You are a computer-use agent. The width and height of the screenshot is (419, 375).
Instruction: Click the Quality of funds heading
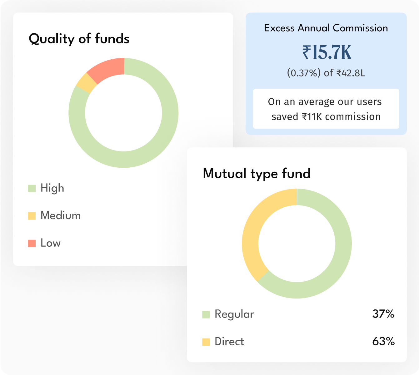click(79, 39)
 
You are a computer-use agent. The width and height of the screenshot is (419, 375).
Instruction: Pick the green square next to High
click(32, 188)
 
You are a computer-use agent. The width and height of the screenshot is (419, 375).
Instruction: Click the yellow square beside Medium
click(32, 216)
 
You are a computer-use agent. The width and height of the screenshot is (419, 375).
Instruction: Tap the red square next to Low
click(32, 243)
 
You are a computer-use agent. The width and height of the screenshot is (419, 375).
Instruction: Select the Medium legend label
click(61, 215)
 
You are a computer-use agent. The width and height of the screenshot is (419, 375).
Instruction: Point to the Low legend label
click(51, 243)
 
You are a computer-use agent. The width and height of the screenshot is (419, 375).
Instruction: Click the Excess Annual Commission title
click(326, 28)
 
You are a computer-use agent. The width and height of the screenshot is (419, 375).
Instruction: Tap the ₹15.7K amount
click(327, 52)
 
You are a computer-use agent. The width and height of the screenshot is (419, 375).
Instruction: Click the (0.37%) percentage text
click(304, 73)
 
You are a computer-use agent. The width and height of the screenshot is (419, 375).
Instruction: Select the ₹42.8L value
click(351, 73)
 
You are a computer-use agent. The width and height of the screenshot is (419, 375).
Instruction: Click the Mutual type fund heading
click(257, 174)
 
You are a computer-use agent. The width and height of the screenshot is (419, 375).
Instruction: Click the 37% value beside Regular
click(383, 314)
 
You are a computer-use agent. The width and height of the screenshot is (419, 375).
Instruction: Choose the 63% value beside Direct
click(383, 342)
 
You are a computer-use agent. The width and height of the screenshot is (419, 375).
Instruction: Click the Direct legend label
click(229, 342)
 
